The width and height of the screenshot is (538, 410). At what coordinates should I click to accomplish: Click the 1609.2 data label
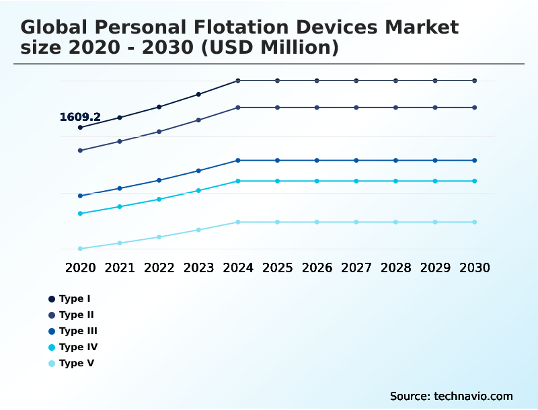[80, 117]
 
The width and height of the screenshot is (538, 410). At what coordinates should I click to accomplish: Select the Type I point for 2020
[80, 127]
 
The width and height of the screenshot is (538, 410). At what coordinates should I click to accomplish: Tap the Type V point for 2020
[80, 249]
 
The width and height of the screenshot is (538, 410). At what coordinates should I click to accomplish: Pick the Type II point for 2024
[238, 108]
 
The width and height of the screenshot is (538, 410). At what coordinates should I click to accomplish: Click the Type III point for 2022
[159, 180]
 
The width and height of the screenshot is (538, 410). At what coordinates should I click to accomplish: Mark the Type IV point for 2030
[475, 181]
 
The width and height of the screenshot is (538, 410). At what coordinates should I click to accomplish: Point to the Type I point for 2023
[198, 94]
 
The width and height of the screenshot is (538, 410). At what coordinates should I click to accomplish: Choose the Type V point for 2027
[356, 222]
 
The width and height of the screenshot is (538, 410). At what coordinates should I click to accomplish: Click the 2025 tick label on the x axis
[277, 268]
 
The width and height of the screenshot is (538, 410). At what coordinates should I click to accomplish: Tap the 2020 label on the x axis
[80, 268]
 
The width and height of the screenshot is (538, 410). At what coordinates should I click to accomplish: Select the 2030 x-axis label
[475, 268]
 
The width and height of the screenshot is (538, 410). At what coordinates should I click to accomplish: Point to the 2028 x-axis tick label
[395, 268]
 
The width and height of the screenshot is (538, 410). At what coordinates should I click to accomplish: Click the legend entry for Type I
[74, 298]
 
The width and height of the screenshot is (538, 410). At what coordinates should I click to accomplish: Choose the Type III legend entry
[78, 331]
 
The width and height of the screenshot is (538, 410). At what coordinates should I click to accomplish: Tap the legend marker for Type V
[52, 364]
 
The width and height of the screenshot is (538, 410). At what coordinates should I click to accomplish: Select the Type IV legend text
[78, 347]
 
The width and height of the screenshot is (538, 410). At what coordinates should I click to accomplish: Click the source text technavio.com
[473, 396]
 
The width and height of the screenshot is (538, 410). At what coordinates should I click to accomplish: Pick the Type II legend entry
[76, 315]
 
